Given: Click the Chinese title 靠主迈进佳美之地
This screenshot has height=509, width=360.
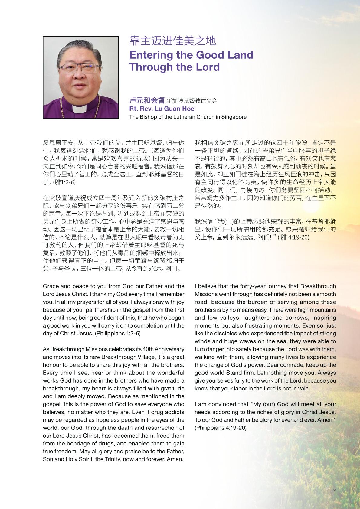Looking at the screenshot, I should [x=172, y=41].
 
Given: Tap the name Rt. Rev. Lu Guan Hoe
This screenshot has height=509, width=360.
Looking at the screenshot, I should [x=162, y=109].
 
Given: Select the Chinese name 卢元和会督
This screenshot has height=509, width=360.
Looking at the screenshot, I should [x=147, y=100].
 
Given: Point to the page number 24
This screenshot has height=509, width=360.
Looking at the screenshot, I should [x=334, y=490].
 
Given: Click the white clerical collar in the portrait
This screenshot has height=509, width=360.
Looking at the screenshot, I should [x=80, y=109].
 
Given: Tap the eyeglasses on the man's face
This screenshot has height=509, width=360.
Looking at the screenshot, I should [x=80, y=68].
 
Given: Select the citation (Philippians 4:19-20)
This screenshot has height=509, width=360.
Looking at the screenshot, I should [x=221, y=428].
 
